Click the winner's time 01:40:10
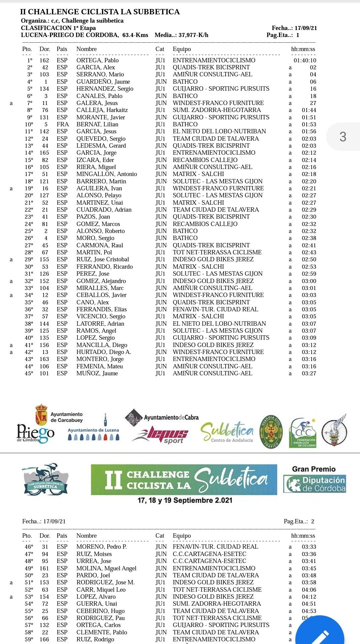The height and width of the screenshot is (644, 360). point(305,60)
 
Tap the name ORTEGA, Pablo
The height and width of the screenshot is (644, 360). point(97,60)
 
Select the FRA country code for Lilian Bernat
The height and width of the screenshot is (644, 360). point(63,124)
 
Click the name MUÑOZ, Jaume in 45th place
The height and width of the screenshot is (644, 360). point(97,373)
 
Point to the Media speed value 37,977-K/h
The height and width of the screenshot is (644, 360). point(193,35)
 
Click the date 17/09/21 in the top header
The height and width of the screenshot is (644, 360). point(306,28)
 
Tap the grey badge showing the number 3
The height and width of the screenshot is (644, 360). point(343,137)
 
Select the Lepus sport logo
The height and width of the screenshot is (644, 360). point(161,435)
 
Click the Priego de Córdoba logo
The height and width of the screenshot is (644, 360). point(35,433)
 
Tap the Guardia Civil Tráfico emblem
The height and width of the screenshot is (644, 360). point(271,431)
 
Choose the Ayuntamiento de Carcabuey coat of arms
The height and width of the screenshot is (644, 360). point(41,415)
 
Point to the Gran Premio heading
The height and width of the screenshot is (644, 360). point(314,469)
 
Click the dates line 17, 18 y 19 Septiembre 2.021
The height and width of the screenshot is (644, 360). point(185,500)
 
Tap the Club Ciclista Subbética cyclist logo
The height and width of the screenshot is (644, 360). point(45,479)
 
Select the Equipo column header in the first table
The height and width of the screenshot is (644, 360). point(182,49)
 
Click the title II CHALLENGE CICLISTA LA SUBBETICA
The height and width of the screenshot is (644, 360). point(100,12)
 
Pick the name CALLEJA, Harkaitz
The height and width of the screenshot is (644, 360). point(102,110)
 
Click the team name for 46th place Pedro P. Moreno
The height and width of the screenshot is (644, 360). point(215,547)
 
